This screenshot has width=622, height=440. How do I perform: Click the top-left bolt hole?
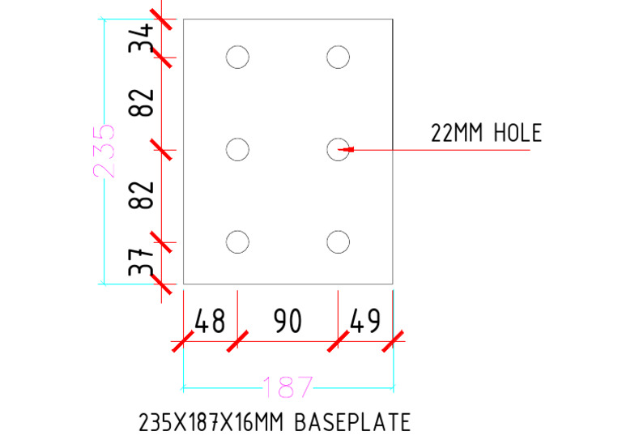pyautogui.click(x=237, y=57)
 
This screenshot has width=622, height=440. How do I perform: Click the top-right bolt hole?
pyautogui.click(x=338, y=57)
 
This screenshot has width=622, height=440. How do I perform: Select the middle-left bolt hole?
pyautogui.click(x=237, y=149)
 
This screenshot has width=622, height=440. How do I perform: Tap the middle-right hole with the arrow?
pyautogui.click(x=338, y=149)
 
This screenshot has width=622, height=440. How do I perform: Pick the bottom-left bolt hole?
pyautogui.click(x=237, y=241)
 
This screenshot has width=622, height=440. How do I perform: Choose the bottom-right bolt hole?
pyautogui.click(x=338, y=241)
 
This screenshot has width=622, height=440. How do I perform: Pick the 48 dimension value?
pyautogui.click(x=210, y=322)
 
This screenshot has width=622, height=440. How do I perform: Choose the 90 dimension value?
pyautogui.click(x=287, y=322)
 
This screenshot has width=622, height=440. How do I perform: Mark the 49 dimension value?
pyautogui.click(x=364, y=322)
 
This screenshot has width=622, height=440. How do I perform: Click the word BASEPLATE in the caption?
pyautogui.click(x=352, y=422)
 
